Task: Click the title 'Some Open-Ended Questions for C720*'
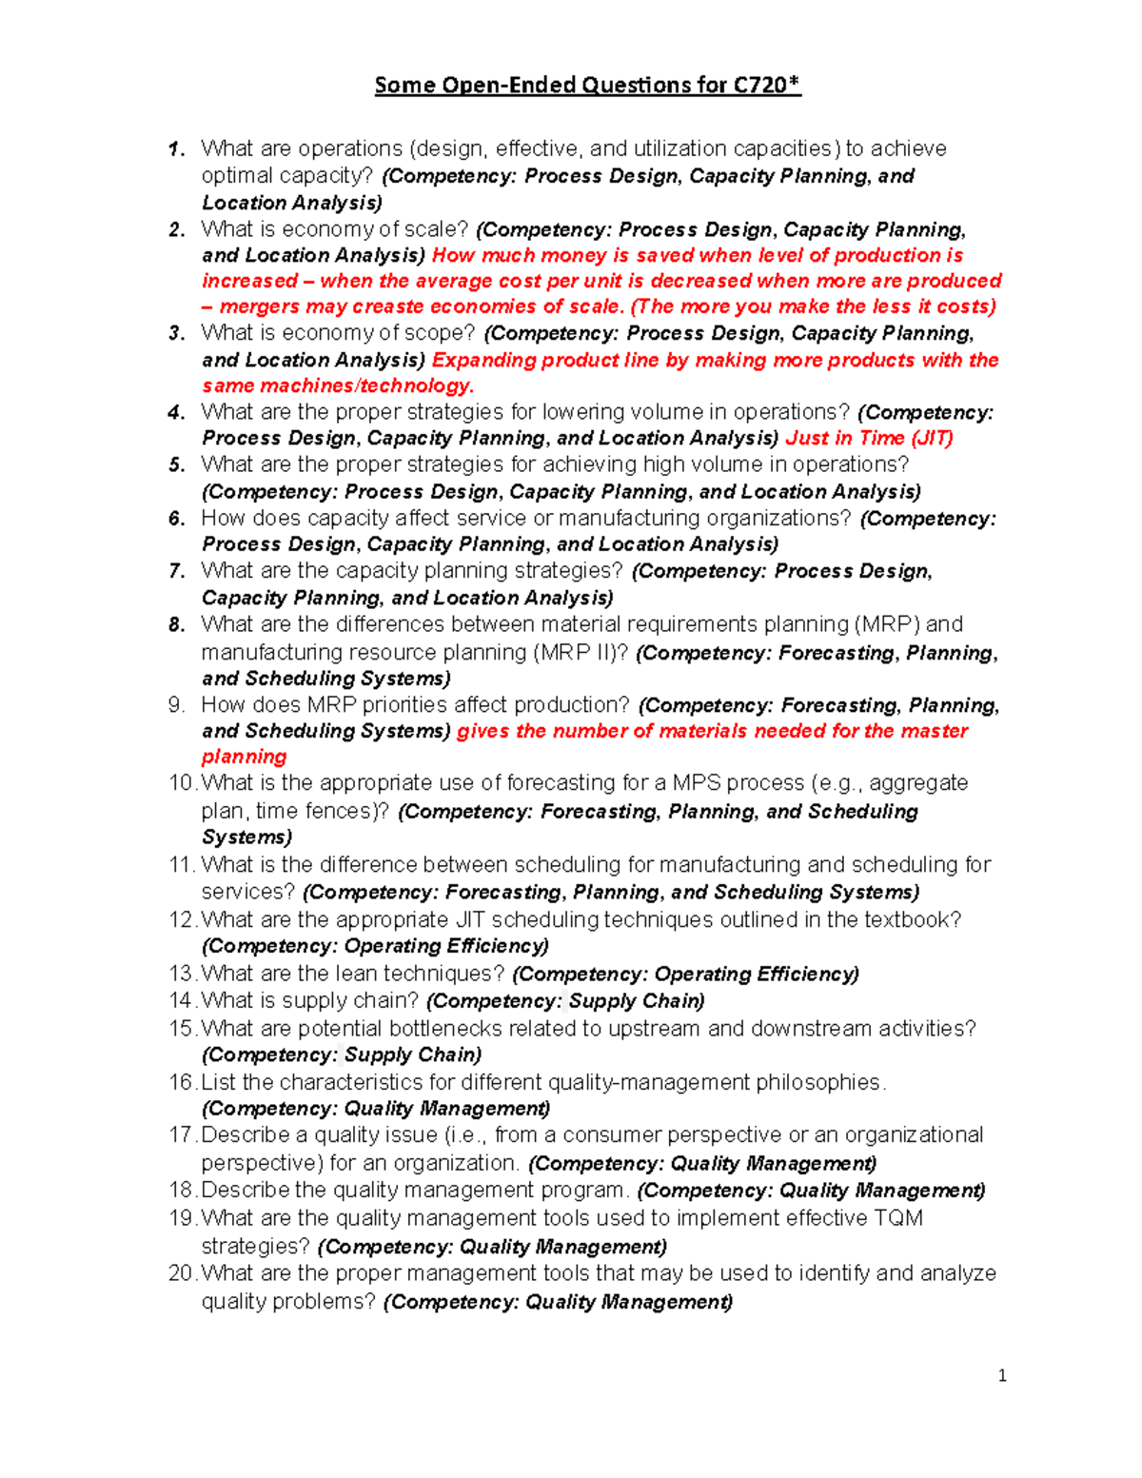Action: pos(587,86)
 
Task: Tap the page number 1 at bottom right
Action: pos(1002,1375)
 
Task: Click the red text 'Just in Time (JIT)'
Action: pos(869,438)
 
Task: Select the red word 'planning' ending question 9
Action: pos(244,757)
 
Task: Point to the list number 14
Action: pos(181,1000)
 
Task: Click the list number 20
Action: pos(181,1273)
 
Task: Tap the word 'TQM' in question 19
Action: pos(898,1218)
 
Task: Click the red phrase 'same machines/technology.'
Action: pos(338,385)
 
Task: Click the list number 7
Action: pos(177,571)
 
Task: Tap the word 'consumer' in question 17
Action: pos(602,1135)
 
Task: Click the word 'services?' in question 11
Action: pos(248,893)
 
